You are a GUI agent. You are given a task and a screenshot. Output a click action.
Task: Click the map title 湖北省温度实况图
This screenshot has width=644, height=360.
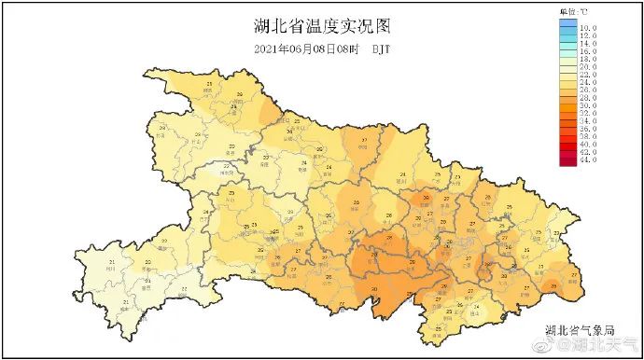point(322,25)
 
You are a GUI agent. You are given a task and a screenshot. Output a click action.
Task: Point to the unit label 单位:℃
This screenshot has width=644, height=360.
point(573,10)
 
